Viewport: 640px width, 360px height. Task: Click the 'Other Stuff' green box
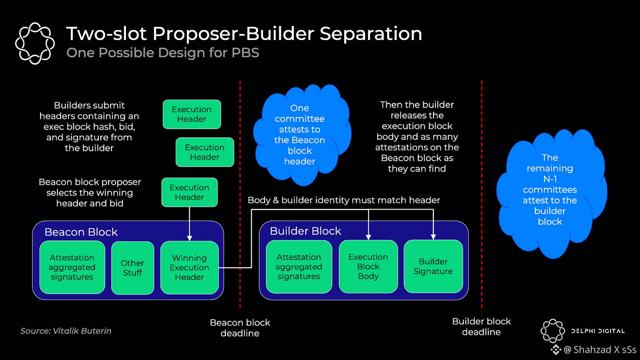pos(132,268)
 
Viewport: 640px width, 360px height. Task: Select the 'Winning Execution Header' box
pos(189,268)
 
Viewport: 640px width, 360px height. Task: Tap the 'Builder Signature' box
pos(433,266)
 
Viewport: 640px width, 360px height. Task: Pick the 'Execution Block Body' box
pos(368,266)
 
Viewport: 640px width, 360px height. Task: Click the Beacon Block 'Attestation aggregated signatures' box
pos(72,267)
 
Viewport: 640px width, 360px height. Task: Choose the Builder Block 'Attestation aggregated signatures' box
pos(299,266)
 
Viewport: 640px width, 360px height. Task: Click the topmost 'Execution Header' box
pos(192,114)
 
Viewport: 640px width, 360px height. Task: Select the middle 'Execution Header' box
pos(204,152)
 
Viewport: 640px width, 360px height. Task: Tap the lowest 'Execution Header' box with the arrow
pos(189,192)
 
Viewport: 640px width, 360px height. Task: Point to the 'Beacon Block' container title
pos(81,232)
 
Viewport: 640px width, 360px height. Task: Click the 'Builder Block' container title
pos(305,231)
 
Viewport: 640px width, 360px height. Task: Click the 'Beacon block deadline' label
pos(240,328)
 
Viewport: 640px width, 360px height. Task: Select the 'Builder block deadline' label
pos(481,326)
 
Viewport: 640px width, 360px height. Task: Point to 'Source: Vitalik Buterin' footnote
pos(66,331)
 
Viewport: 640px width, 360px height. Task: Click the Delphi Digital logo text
pos(598,331)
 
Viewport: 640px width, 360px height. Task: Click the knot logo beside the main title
pos(35,43)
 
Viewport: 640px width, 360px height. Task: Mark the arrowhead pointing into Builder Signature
pos(433,237)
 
